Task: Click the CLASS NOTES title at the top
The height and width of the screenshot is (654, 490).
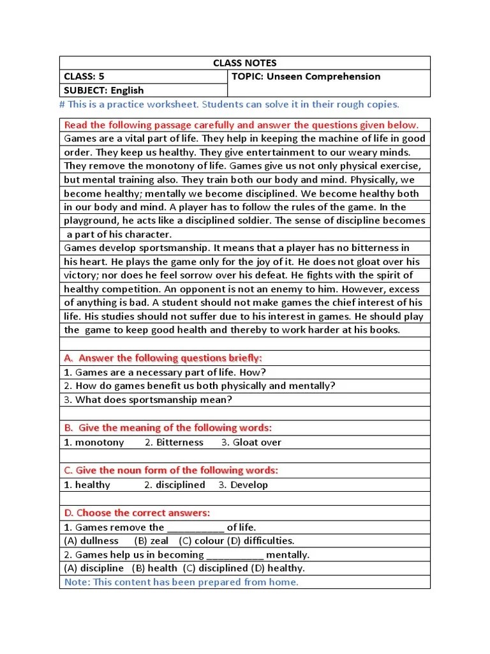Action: click(244, 63)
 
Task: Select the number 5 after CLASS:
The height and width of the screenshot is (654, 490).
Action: click(101, 77)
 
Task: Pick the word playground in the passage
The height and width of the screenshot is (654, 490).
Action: click(92, 220)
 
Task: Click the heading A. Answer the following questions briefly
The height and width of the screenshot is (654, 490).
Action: click(163, 358)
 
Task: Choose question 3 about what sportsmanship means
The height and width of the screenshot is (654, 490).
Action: click(148, 400)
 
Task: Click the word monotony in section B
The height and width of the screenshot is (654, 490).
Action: click(100, 442)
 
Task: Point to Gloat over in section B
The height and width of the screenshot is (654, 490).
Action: click(256, 442)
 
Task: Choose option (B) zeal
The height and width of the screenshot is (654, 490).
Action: click(151, 540)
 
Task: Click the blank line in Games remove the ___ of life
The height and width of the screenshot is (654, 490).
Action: click(195, 528)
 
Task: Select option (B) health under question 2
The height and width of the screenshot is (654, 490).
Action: click(154, 568)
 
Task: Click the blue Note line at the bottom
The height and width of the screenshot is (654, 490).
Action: click(181, 582)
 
